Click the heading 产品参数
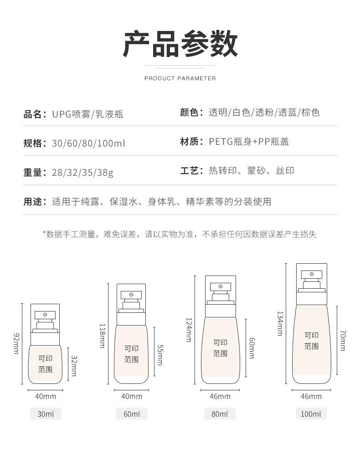(x=180, y=44)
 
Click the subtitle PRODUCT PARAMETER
(x=180, y=78)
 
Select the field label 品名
(x=33, y=114)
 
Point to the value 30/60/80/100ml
(x=88, y=143)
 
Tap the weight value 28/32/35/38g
(x=82, y=173)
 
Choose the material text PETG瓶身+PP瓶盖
(x=249, y=142)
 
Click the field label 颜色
(x=190, y=112)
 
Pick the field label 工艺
(x=190, y=171)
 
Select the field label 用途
(x=33, y=202)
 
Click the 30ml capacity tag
(x=46, y=414)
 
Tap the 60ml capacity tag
(x=132, y=414)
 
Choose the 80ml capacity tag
(x=220, y=414)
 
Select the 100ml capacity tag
(x=311, y=414)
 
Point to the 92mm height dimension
(x=16, y=343)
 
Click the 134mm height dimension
(x=280, y=324)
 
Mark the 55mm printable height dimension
(x=160, y=355)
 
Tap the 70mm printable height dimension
(x=343, y=341)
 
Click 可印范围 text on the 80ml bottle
(x=220, y=348)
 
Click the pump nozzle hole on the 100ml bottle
(x=312, y=274)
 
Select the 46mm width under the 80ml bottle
(x=220, y=396)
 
